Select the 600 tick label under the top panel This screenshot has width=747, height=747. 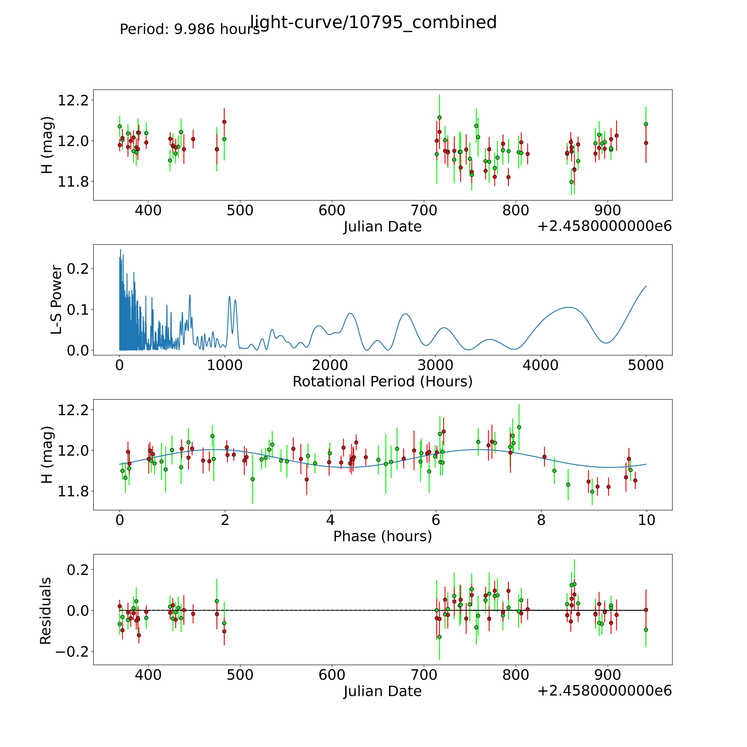pyautogui.click(x=332, y=211)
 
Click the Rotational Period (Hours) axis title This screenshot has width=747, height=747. pyautogui.click(x=382, y=382)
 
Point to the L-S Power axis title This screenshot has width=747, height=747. pyautogui.click(x=56, y=300)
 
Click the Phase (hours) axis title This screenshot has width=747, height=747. pyautogui.click(x=382, y=536)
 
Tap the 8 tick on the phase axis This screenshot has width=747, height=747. pyautogui.click(x=541, y=520)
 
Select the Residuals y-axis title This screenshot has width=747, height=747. pyautogui.click(x=46, y=611)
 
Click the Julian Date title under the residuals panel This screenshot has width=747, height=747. pyautogui.click(x=382, y=691)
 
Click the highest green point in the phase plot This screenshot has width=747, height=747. pyautogui.click(x=519, y=427)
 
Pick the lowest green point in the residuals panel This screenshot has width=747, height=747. pyautogui.click(x=439, y=637)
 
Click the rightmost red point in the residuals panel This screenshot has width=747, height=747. pyautogui.click(x=646, y=610)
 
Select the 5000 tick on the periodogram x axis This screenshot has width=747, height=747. pyautogui.click(x=646, y=365)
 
